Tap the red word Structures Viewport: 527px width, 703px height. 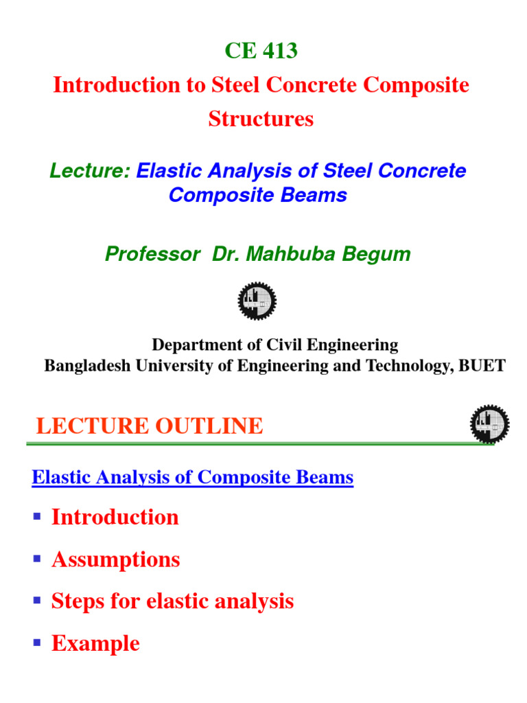tap(261, 119)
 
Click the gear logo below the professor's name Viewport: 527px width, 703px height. tap(257, 301)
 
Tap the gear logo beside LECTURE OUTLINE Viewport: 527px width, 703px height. tap(489, 424)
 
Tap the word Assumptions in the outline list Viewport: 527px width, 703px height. tap(115, 560)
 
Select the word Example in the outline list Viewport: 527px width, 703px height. tap(95, 644)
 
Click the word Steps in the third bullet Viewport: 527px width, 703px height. tap(75, 601)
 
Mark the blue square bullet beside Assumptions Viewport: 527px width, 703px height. tap(37, 560)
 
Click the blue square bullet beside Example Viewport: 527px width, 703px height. tap(37, 644)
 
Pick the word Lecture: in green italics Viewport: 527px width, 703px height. tap(90, 171)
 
